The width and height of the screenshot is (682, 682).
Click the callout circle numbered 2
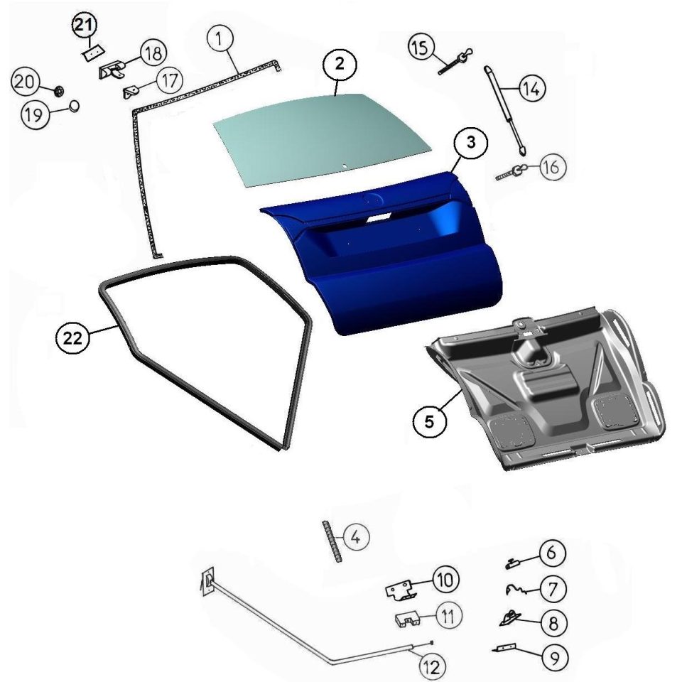[x=340, y=64]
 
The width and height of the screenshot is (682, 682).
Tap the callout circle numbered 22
[x=72, y=337]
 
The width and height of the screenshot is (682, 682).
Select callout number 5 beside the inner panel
[x=429, y=421]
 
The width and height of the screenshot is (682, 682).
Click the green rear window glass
[x=322, y=140]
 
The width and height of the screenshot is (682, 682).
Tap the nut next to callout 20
[x=59, y=91]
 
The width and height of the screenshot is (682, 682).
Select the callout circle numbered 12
[x=433, y=666]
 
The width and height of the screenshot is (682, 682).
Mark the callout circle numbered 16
[x=553, y=166]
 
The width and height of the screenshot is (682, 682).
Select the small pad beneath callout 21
[x=93, y=53]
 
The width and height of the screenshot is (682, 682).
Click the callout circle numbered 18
[x=153, y=53]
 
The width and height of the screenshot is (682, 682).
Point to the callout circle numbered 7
[x=553, y=589]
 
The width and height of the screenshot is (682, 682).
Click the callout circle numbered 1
[x=220, y=38]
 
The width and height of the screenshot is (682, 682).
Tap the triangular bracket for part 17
[x=132, y=92]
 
